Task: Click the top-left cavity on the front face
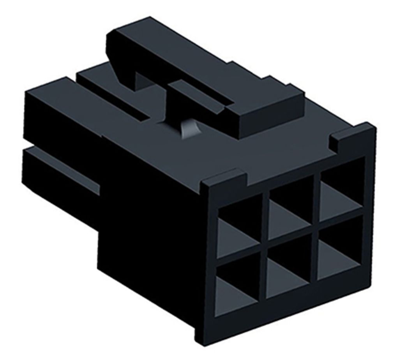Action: [x=238, y=226]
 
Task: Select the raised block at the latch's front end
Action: [x=269, y=113]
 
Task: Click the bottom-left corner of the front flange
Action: [x=203, y=335]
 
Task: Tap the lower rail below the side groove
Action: [x=58, y=172]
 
